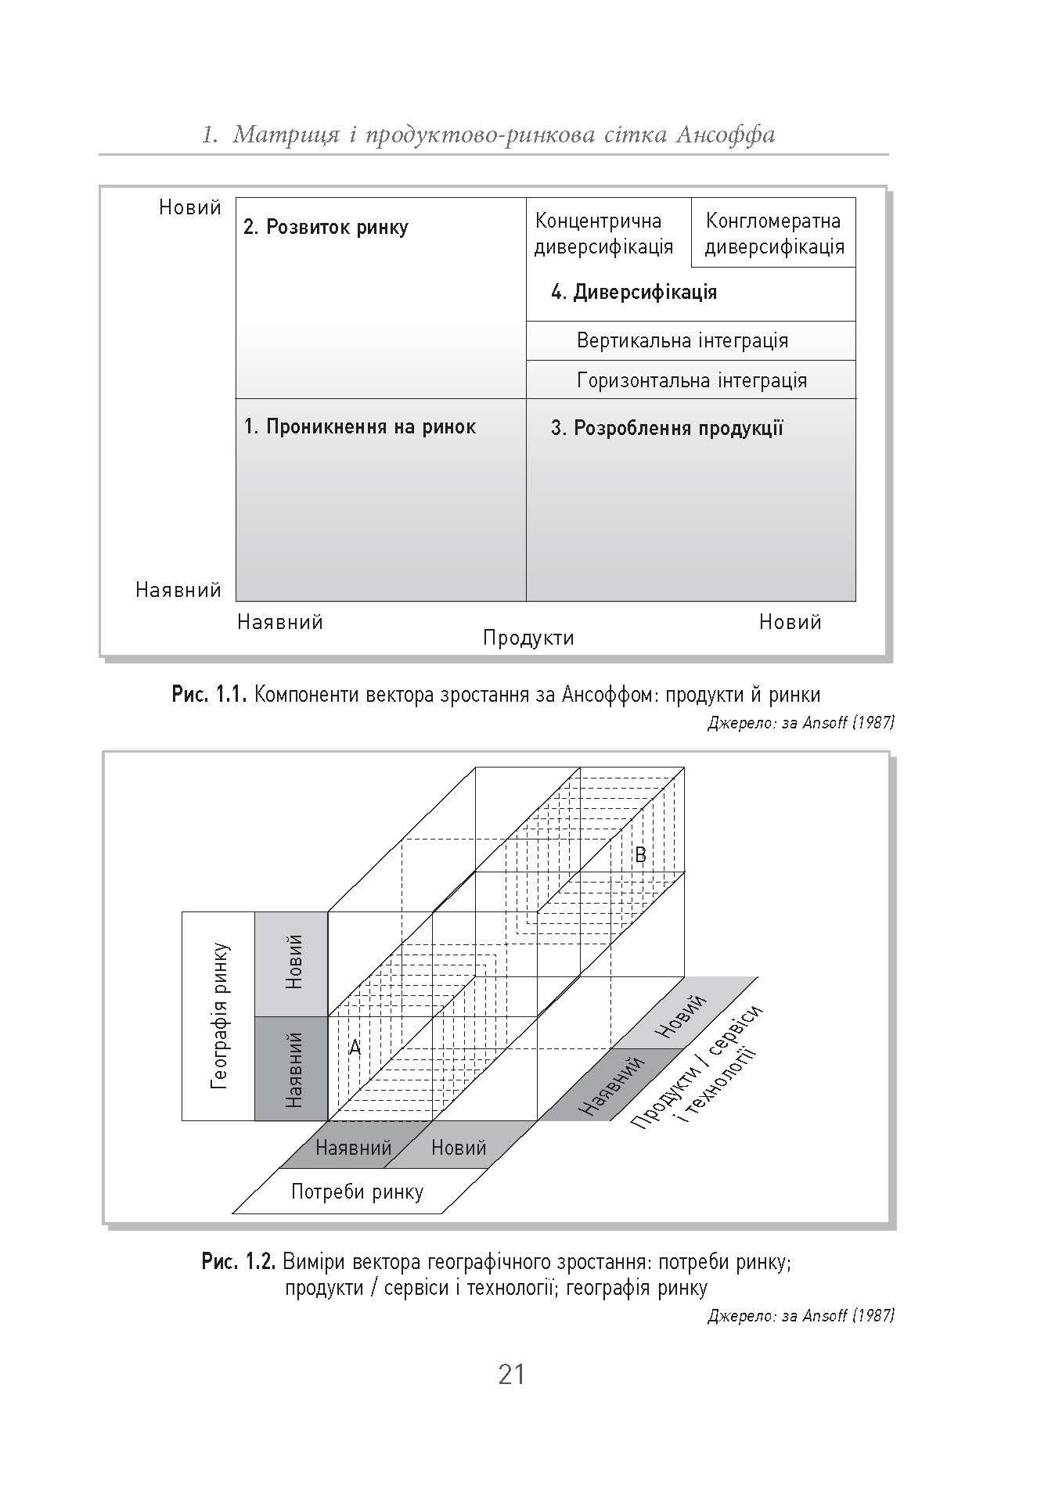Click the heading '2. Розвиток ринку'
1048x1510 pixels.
tap(326, 228)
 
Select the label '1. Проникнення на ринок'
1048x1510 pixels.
tap(359, 427)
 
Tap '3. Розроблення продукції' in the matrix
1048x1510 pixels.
tap(667, 429)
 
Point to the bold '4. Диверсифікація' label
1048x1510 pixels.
tap(634, 293)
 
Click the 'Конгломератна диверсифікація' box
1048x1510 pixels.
tap(774, 234)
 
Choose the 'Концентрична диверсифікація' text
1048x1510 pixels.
tap(603, 234)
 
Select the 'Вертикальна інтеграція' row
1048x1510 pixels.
tap(682, 341)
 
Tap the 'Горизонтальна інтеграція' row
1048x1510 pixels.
tap(692, 381)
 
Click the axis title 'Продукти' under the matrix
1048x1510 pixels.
tap(528, 638)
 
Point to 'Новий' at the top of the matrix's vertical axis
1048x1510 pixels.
tap(190, 207)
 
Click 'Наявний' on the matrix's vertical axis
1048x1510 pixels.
tap(178, 590)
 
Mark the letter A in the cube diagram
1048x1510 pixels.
tap(355, 1047)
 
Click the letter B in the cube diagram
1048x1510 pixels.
tap(640, 855)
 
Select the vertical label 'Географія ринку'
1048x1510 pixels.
tap(220, 1016)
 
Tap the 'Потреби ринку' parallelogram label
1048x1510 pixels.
tap(357, 1192)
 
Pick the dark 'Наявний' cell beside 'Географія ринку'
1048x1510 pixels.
tap(293, 1069)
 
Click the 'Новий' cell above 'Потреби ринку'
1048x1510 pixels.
tap(459, 1148)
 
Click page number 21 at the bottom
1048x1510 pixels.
tap(511, 1373)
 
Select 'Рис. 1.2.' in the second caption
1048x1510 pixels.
tap(239, 1261)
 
